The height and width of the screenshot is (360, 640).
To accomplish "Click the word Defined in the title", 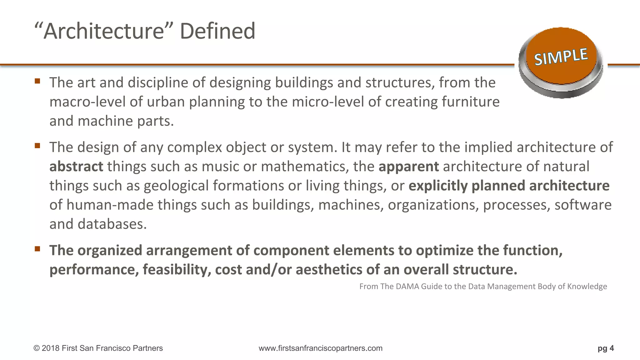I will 217,31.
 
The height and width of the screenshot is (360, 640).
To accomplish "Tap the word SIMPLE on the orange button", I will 561,57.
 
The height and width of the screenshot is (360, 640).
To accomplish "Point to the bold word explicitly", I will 438,186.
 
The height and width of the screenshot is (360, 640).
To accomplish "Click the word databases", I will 112,224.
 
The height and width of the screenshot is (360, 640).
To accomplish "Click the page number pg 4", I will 606,348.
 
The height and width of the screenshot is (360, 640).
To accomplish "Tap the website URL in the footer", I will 320,348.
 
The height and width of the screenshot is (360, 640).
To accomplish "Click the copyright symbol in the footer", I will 37,348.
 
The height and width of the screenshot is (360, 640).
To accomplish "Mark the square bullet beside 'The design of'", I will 37,146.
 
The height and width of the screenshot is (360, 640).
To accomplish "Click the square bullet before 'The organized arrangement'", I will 37,249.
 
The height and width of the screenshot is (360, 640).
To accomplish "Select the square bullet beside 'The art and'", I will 37,81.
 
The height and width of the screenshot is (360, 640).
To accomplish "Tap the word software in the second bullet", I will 583,205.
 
